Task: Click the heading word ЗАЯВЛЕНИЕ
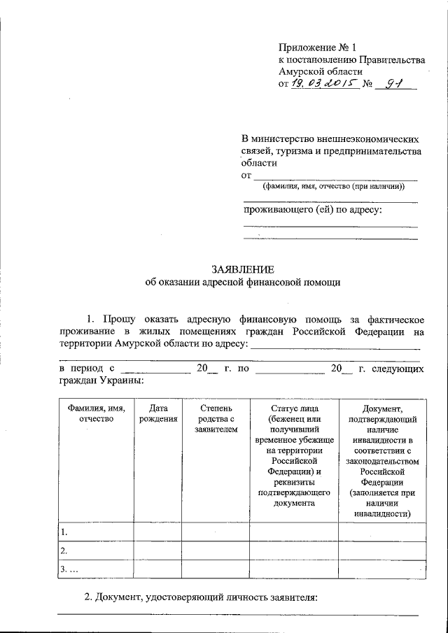pos(243,269)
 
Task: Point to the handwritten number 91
pos(396,85)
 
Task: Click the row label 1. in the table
pos(65,532)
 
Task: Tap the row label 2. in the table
pos(65,550)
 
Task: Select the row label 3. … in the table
pos(69,569)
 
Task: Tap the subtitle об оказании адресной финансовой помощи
pos(243,283)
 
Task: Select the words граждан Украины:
pos(101,380)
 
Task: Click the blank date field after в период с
pos(155,369)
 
